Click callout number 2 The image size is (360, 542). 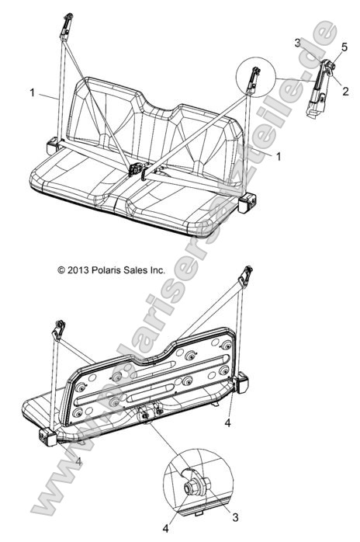coord(334,91)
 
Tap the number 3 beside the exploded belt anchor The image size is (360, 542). coord(297,40)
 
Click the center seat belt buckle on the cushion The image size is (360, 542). coord(137,169)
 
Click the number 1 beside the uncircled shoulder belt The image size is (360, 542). coord(32,93)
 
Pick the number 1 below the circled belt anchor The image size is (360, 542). coord(277,155)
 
